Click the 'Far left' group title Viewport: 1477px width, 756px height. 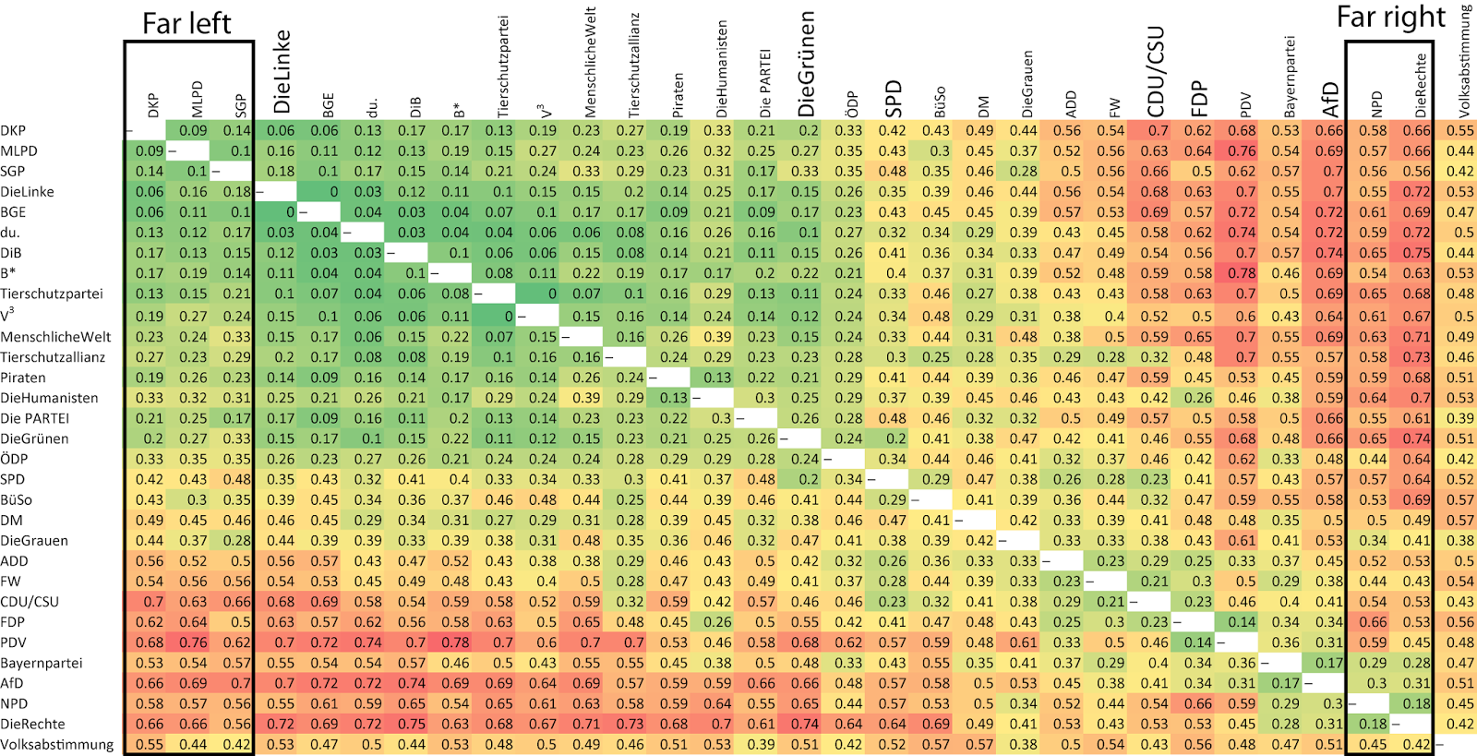(x=186, y=24)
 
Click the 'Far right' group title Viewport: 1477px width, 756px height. (x=1390, y=18)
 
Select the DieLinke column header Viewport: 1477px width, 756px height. (x=282, y=72)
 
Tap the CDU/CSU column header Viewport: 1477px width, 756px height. (x=1156, y=73)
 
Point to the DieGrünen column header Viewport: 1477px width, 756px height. (x=806, y=64)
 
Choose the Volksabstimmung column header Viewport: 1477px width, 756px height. (x=1465, y=60)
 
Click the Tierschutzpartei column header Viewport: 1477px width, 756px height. (x=502, y=66)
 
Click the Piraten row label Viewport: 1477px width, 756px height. (x=23, y=378)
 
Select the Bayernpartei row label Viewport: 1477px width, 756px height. (x=41, y=663)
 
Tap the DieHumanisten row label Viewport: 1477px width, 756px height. (x=50, y=398)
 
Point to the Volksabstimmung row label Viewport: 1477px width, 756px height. (x=56, y=745)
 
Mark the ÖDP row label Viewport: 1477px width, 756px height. (x=14, y=459)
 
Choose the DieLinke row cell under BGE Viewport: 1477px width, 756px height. (x=319, y=192)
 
